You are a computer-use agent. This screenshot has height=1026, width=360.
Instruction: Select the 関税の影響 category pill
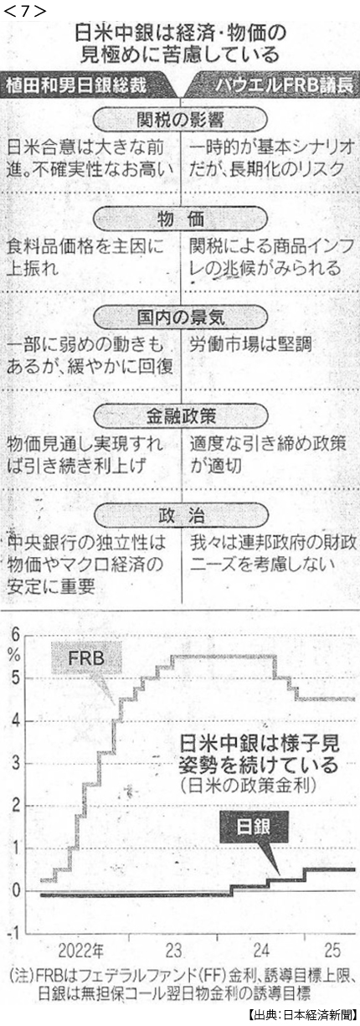click(x=181, y=120)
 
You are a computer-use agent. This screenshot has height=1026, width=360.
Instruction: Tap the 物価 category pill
click(x=181, y=220)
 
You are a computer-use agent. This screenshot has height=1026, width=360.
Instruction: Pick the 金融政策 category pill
click(x=181, y=416)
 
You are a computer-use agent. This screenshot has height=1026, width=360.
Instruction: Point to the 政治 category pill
click(x=181, y=516)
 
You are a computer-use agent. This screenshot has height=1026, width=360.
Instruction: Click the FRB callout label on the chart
click(x=86, y=658)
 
